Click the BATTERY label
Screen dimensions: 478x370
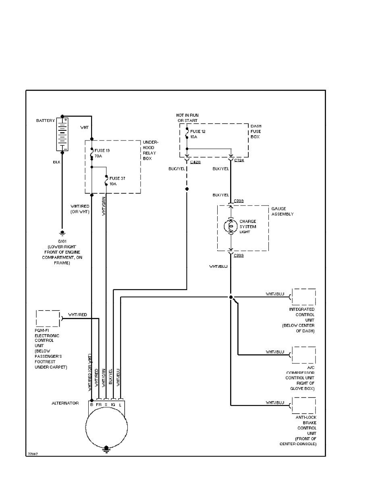click(45, 121)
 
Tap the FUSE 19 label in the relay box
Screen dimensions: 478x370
click(102, 150)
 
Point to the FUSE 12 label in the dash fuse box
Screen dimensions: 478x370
click(197, 131)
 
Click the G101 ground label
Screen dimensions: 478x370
click(62, 241)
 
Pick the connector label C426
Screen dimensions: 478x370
click(195, 162)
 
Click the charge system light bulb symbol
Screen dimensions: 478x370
click(231, 227)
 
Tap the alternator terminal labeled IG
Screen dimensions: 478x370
click(113, 404)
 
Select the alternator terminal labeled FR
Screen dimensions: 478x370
click(99, 404)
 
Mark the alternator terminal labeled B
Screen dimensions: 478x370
click(91, 404)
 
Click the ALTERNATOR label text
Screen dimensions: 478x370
click(65, 403)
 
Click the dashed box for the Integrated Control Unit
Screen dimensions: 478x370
click(304, 297)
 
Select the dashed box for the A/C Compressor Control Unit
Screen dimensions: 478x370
click(304, 355)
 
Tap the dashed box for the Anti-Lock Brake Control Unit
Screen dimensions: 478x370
click(304, 405)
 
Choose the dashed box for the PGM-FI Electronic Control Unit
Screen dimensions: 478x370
click(48, 318)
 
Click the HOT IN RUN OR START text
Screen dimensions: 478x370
click(188, 118)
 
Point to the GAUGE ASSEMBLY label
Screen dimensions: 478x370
click(282, 211)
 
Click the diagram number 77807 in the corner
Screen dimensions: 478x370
click(33, 453)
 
